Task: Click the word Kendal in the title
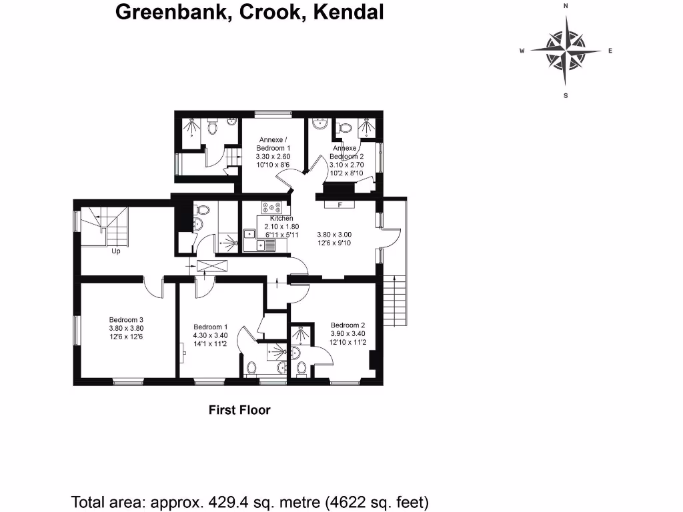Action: [348, 12]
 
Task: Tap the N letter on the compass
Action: [566, 5]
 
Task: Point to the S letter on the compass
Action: [566, 95]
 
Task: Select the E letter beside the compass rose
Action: [610, 51]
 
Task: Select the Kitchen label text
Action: [281, 219]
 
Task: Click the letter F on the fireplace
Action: [339, 205]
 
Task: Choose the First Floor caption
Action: [239, 410]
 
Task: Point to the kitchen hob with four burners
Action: [274, 207]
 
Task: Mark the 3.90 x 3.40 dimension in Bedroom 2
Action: [348, 333]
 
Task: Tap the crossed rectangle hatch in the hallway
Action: [213, 265]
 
